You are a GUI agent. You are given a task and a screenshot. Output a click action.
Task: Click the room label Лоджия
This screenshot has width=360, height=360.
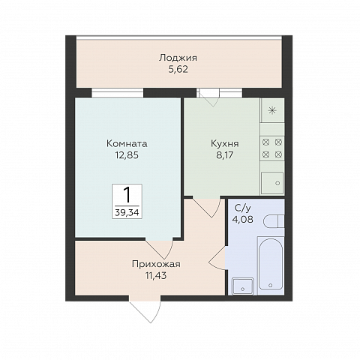(x=178, y=58)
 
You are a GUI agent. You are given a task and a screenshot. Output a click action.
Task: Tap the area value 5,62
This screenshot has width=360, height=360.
(x=178, y=69)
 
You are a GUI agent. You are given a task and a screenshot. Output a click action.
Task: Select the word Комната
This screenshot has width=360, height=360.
(x=127, y=144)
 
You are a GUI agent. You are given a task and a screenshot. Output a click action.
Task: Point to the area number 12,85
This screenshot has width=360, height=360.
(x=127, y=155)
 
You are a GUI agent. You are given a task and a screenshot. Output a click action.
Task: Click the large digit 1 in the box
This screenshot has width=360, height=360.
(x=127, y=195)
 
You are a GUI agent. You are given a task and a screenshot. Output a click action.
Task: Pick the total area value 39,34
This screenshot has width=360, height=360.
(x=127, y=212)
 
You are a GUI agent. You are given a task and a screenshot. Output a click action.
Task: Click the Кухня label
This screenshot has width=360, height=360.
(x=225, y=144)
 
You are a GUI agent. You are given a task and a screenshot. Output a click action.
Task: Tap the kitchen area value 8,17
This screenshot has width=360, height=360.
(x=225, y=155)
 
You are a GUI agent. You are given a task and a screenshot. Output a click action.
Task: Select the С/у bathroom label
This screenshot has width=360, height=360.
(x=242, y=208)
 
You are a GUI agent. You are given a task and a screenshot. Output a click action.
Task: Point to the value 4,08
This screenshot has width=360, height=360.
(x=242, y=219)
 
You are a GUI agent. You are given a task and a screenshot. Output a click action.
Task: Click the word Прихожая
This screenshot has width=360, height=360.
(x=156, y=264)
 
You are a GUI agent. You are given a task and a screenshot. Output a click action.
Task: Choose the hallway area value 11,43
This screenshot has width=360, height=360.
(x=156, y=275)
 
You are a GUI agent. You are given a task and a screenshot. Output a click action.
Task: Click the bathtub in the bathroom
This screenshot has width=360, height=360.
(x=271, y=263)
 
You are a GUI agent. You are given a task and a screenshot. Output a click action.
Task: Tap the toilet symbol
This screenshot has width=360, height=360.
(x=274, y=221)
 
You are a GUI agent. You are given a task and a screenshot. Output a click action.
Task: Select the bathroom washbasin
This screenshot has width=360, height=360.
(x=243, y=286)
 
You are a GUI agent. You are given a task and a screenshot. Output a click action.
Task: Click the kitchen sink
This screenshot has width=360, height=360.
(x=272, y=183)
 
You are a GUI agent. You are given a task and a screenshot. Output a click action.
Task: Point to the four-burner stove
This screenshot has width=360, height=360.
(x=272, y=148)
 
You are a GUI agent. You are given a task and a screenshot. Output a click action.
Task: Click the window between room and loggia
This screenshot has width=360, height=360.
(x=118, y=93)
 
